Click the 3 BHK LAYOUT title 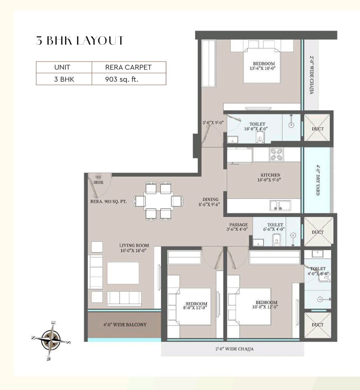80,40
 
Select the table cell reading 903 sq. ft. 121,79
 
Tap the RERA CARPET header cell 128,67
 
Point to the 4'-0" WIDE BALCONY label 125,325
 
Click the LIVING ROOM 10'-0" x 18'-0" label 134,248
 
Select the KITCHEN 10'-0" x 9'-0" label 270,177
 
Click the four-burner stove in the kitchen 276,155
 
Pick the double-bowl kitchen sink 280,206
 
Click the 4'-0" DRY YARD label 318,180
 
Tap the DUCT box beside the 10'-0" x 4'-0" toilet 318,128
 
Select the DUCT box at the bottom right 318,325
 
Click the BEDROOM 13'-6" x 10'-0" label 264,66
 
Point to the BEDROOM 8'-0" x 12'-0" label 196,306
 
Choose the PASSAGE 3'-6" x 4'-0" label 238,227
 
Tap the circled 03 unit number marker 98,176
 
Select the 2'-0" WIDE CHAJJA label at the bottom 234,349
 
